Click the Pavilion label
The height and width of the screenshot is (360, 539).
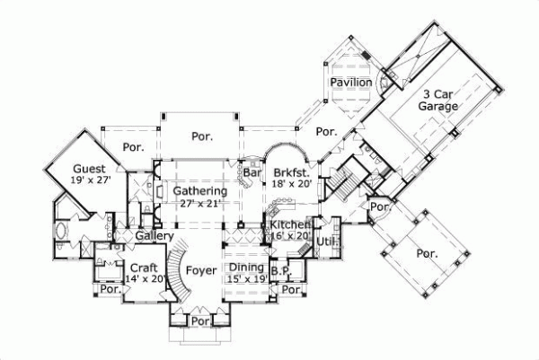pos(350,83)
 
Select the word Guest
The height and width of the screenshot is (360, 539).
pos(90,168)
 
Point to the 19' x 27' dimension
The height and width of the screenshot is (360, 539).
pos(90,180)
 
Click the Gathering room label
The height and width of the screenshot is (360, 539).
pos(199,191)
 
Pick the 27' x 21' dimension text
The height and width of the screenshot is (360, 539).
pos(199,203)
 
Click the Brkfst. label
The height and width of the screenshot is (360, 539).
pos(292,171)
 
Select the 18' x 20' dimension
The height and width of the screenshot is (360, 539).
pos(292,183)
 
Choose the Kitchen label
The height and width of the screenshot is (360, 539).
pos(289,224)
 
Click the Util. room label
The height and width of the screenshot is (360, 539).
pos(326,241)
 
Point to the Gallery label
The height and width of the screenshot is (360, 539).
pos(155,235)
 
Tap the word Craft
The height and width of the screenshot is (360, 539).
pos(144,268)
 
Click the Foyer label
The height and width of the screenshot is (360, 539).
pos(200,268)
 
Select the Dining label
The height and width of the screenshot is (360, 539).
pos(245,267)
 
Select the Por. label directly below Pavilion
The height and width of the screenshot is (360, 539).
pos(326,132)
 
